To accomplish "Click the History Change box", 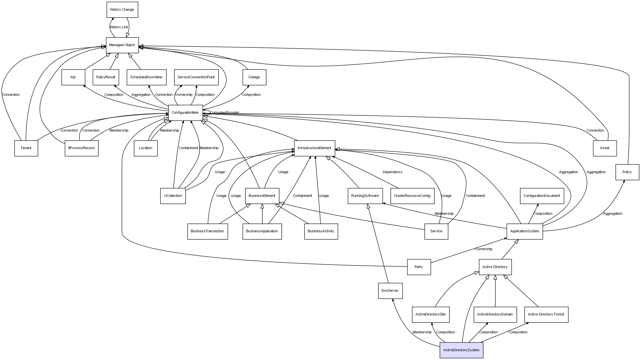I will (122, 10).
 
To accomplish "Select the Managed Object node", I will (122, 45).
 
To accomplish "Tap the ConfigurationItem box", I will (185, 113).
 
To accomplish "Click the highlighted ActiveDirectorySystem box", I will (461, 350).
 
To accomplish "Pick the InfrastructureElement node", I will (314, 148).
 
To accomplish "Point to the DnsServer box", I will (390, 291).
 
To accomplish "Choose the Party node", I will (419, 267).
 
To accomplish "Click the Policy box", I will (627, 172).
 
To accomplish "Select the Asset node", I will (605, 148).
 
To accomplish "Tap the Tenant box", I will (26, 148).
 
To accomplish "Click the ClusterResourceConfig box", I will (412, 196).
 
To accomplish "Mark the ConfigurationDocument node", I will (542, 196).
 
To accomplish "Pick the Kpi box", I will (73, 77).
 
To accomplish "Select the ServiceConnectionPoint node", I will (196, 77).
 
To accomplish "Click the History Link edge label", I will (119, 27).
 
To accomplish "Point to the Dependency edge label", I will (392, 172).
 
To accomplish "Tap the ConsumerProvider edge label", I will (224, 113).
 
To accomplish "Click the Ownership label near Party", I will (483, 249).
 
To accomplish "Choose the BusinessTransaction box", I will (207, 231).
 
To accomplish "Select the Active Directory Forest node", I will (546, 315).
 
